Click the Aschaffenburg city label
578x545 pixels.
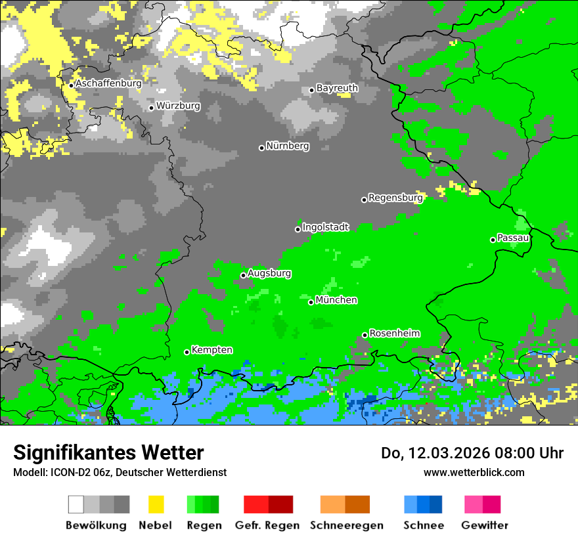coord(108,83)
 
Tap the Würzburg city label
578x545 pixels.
coord(179,106)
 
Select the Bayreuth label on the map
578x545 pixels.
coord(337,88)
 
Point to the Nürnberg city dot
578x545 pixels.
coord(261,148)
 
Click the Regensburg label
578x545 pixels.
coord(395,198)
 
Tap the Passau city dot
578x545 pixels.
coord(493,240)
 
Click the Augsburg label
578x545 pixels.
coord(269,273)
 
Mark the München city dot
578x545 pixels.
coord(311,302)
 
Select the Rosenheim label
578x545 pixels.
coord(395,334)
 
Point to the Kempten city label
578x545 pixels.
coord(211,350)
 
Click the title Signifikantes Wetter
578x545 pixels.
coord(108,453)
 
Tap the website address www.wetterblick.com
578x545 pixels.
coord(474,472)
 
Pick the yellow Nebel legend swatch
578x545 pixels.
coord(156,504)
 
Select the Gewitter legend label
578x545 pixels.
coord(484,525)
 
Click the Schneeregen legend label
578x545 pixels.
coord(346,525)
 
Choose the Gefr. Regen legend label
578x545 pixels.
coord(267,525)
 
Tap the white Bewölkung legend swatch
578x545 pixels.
coord(76,504)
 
